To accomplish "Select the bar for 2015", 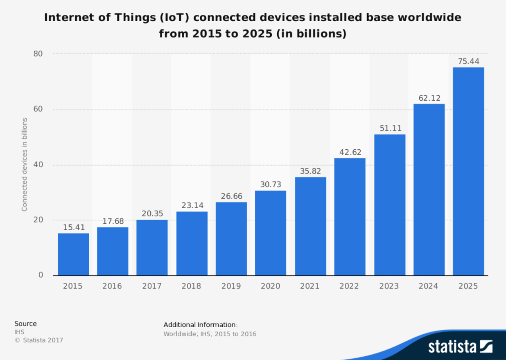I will tap(73, 254).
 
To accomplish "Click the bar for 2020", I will tap(271, 233).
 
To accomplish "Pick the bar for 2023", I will tap(389, 205).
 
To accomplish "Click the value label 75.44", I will tap(468, 61).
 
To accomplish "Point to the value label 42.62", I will tap(350, 152).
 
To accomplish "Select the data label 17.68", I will tap(113, 221).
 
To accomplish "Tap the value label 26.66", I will tap(231, 196).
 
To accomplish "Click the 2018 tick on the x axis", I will tap(191, 286).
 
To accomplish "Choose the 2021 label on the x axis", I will tap(309, 286).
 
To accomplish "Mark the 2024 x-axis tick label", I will tap(428, 286).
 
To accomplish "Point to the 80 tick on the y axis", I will tap(38, 54).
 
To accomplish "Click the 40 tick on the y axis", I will tap(38, 165).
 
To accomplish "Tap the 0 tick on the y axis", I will tap(41, 275).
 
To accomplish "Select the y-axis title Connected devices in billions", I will tap(25, 164).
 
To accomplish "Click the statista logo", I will tap(460, 346).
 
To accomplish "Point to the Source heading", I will tap(25, 324).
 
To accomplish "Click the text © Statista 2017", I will tap(39, 340).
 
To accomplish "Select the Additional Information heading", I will tap(200, 325).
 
